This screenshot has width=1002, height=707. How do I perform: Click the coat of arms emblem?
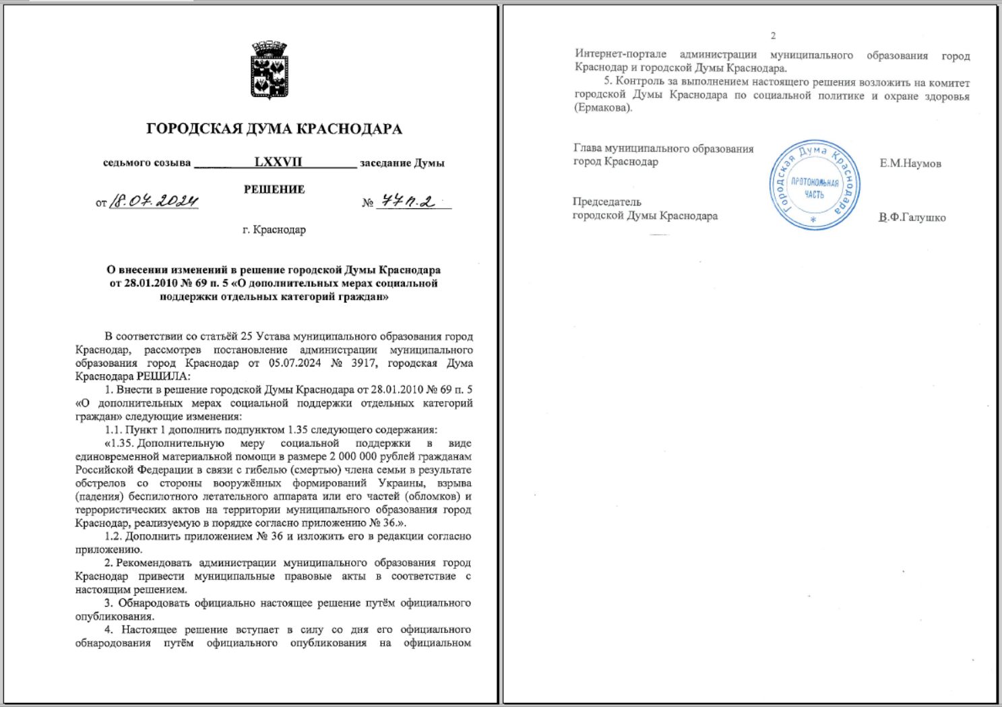tap(270, 70)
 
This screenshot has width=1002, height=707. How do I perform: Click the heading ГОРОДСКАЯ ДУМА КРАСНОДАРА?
tap(274, 129)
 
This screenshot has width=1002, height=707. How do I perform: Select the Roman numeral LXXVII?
tap(278, 162)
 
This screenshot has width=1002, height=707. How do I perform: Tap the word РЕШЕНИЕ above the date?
tap(274, 189)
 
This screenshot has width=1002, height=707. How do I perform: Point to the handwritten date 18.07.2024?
tap(154, 201)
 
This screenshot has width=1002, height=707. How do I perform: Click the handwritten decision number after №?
tap(408, 201)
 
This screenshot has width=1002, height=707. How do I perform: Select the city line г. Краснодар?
tap(274, 229)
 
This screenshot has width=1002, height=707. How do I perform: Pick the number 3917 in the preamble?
tap(363, 363)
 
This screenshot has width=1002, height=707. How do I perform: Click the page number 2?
tap(773, 36)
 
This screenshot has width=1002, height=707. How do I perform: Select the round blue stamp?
tap(815, 185)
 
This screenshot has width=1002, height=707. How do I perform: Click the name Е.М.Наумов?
tap(910, 164)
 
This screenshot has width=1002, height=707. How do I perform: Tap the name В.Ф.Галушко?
tap(912, 218)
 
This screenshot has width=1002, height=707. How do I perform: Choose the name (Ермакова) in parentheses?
tap(603, 108)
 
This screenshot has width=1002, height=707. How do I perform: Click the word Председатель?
tap(607, 202)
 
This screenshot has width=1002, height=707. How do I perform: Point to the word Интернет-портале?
tap(621, 55)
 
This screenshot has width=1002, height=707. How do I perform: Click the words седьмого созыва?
tap(147, 163)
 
